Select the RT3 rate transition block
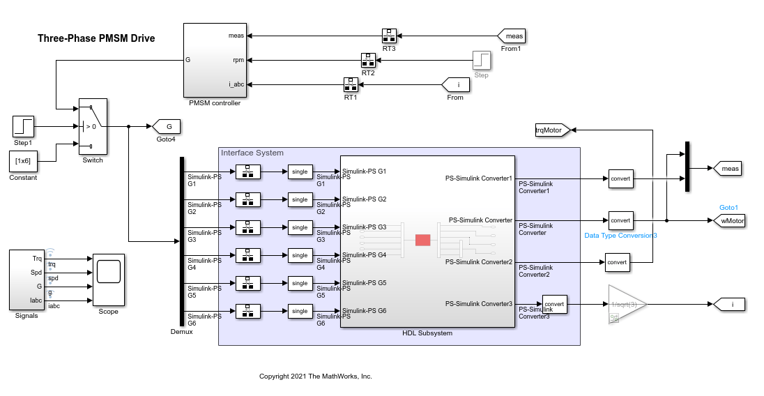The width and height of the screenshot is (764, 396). click(389, 35)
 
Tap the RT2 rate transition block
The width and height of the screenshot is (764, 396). click(368, 59)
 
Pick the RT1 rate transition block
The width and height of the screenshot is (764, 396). click(351, 84)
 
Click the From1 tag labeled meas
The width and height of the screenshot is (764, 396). click(512, 36)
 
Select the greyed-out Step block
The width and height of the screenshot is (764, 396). click(481, 60)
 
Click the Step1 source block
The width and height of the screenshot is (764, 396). click(23, 126)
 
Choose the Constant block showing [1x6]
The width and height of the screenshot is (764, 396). click(23, 160)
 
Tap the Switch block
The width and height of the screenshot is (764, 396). click(93, 126)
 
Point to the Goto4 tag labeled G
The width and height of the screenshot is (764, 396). click(167, 126)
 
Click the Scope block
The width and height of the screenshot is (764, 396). click(108, 280)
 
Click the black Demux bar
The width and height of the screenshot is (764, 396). click(182, 241)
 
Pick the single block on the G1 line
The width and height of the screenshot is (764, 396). click(300, 172)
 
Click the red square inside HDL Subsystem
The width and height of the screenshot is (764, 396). click(423, 240)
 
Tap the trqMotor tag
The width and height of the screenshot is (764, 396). click(551, 129)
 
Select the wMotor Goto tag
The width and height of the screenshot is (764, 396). click(728, 221)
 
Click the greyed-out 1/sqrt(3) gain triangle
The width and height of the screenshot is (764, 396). click(625, 304)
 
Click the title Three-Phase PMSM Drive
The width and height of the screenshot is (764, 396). click(96, 38)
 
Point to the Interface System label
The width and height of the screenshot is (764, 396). click(252, 153)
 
